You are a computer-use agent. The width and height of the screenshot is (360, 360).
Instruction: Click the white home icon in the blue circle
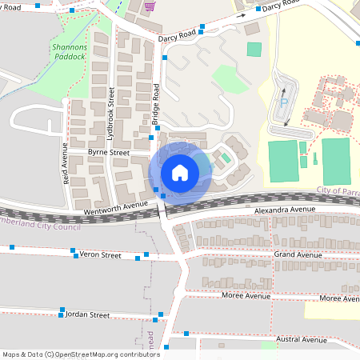click(x=180, y=172)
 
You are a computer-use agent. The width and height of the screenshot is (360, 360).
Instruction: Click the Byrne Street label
click(x=108, y=152)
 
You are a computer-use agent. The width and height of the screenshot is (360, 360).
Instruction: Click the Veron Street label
click(x=100, y=255)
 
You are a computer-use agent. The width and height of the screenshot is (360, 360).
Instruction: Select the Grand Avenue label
click(x=298, y=254)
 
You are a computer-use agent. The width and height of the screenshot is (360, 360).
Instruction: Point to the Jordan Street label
click(x=87, y=315)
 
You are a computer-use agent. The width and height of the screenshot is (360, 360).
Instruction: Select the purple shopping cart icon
click(x=150, y=6)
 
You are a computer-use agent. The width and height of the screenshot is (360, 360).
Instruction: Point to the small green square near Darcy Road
click(x=254, y=49)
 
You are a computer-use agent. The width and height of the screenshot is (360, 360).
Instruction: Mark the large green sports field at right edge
click(x=336, y=161)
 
